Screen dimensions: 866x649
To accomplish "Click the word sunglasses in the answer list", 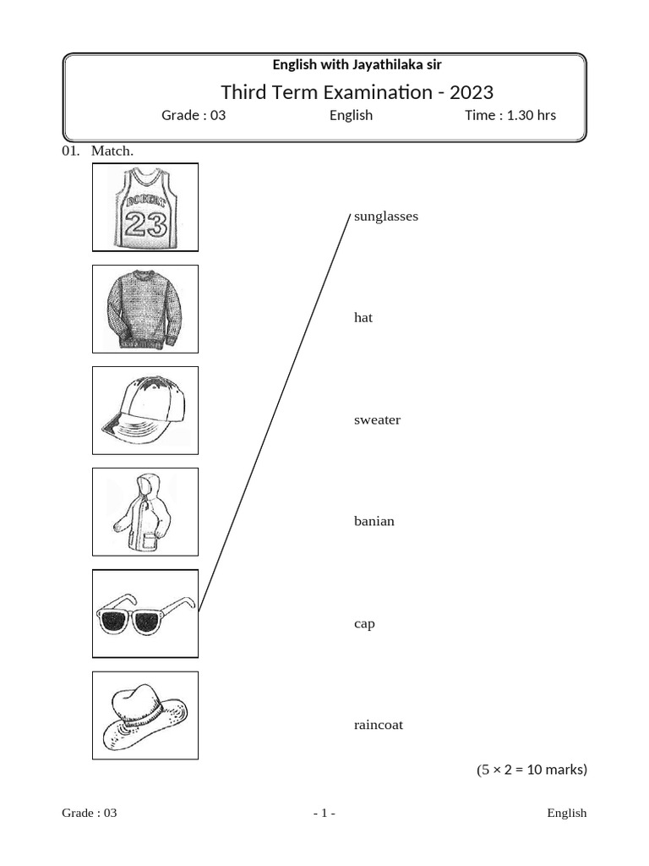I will [x=386, y=216].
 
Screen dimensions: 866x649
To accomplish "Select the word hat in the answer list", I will [x=363, y=318].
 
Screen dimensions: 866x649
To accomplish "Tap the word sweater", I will [x=377, y=420].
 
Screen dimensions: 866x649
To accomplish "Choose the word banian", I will [x=374, y=521].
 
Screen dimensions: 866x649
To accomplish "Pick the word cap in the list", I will [x=364, y=624].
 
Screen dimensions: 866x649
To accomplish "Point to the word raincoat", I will [x=379, y=725].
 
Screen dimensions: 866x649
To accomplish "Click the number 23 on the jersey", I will [x=145, y=224].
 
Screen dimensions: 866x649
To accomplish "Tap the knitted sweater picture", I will [x=145, y=309].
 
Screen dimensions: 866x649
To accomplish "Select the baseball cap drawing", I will [x=145, y=410].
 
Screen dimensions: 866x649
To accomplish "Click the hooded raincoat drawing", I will [x=144, y=512].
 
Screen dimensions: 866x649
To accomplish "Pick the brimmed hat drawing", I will [x=145, y=715].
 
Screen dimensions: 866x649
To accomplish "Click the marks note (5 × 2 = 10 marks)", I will [x=531, y=770].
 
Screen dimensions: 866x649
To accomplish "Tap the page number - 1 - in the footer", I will [x=324, y=814].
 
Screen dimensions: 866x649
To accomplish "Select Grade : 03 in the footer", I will [x=89, y=814].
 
